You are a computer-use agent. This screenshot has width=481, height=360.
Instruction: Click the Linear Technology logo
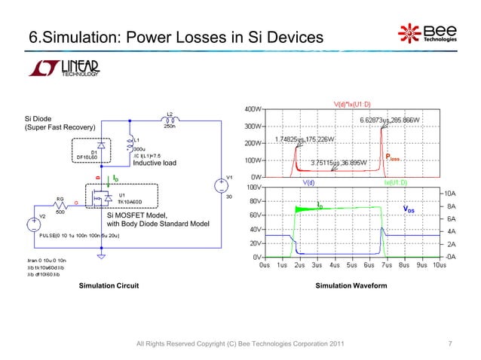pos(63,66)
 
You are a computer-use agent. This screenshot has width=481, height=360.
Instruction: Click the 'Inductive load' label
pos(154,163)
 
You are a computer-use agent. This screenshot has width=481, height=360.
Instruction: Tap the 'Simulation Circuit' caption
pos(103,288)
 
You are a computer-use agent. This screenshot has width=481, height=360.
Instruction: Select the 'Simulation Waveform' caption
pos(351,288)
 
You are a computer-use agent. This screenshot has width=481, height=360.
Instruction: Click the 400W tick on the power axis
pos(252,109)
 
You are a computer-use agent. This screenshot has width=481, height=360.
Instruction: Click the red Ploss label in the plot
pos(394,157)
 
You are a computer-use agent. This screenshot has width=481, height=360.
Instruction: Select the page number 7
pos(449,344)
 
